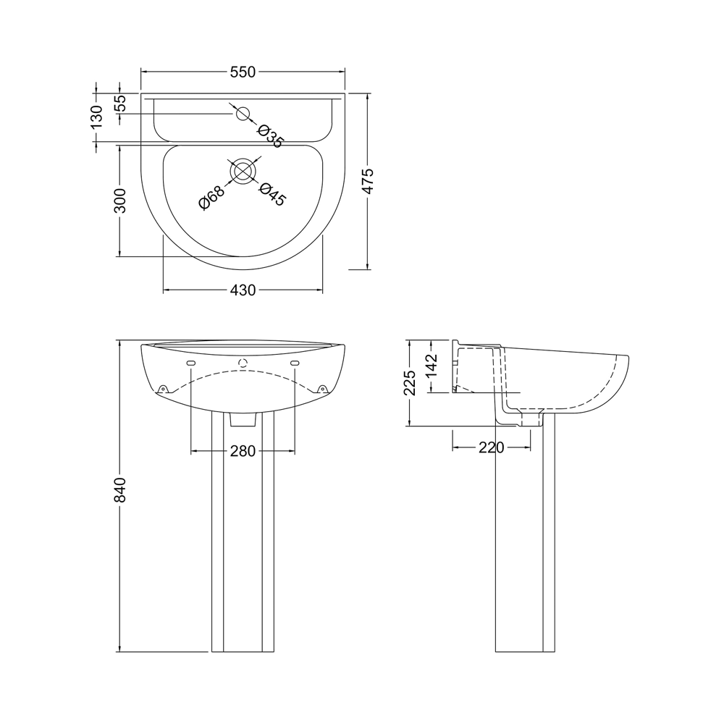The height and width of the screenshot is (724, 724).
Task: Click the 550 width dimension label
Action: pos(243,72)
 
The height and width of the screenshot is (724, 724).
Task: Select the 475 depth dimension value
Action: pos(367,181)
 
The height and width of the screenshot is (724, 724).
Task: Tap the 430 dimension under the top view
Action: pos(243,290)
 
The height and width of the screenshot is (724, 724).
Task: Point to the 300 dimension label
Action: pos(120,201)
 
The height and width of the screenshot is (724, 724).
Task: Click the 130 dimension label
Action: pos(96,117)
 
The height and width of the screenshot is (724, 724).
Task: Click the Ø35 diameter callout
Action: pos(269,135)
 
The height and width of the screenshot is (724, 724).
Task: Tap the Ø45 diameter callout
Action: pos(272,194)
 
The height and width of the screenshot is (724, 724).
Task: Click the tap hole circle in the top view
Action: pos(243,113)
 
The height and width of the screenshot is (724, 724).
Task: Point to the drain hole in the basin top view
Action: pos(243,171)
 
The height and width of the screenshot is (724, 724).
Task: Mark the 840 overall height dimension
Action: pos(120,490)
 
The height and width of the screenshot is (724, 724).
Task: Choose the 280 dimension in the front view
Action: pos(243,451)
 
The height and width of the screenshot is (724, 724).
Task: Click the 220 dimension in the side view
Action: pos(492,448)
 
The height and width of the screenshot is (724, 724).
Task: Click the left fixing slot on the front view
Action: pos(191,363)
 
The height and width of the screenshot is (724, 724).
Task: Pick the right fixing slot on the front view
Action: pos(295,363)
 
